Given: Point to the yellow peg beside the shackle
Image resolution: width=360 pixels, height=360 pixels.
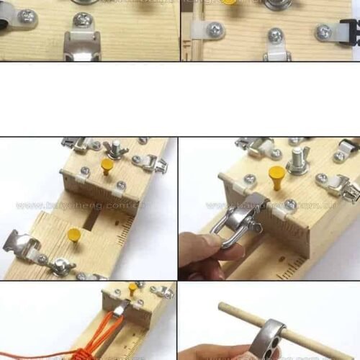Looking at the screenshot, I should tap(277, 176).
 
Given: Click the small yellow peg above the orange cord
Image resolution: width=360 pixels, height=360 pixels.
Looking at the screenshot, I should tap(132, 288).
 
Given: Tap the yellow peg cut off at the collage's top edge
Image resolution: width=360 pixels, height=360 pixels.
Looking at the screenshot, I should tap(229, 2).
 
